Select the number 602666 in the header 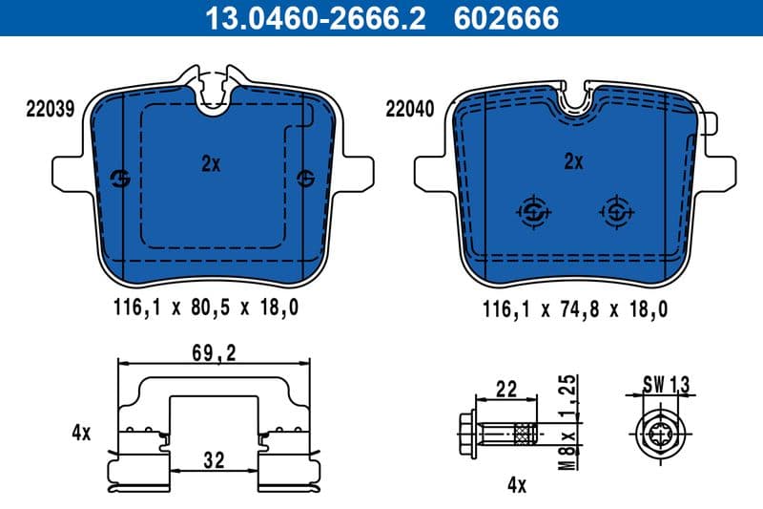pyautogui.click(x=508, y=17)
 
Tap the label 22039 pyautogui.click(x=50, y=109)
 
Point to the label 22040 pyautogui.click(x=409, y=109)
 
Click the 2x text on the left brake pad pyautogui.click(x=211, y=163)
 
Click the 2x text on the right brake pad pyautogui.click(x=572, y=161)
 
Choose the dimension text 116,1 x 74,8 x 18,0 pyautogui.click(x=574, y=308)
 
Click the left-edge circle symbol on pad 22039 pyautogui.click(x=121, y=178)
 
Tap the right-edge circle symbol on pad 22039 pyautogui.click(x=305, y=178)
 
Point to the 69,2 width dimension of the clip pyautogui.click(x=214, y=353)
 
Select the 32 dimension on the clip pyautogui.click(x=214, y=460)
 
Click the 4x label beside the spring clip pyautogui.click(x=80, y=433)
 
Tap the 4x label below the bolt pyautogui.click(x=516, y=485)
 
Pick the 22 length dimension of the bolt pyautogui.click(x=506, y=389)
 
